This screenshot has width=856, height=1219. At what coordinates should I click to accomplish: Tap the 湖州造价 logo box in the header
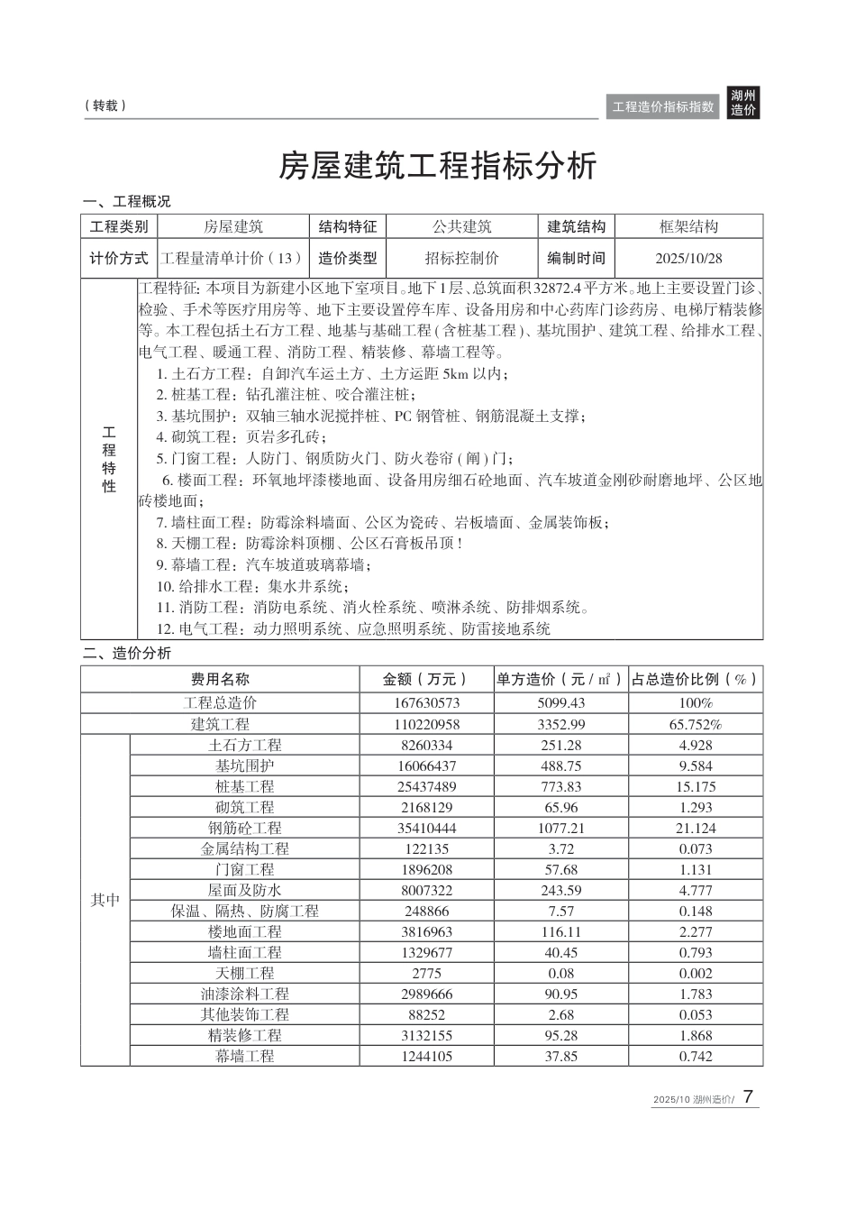(x=743, y=103)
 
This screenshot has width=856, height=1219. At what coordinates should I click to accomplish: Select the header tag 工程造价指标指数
(x=663, y=106)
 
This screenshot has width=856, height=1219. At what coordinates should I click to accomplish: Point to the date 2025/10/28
(x=688, y=259)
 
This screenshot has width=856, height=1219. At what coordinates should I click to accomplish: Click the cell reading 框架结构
(x=688, y=227)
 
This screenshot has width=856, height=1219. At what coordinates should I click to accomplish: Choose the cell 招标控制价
(x=461, y=259)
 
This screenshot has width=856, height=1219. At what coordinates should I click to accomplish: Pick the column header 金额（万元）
(x=426, y=680)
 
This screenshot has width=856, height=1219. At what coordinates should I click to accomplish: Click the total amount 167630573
(x=426, y=703)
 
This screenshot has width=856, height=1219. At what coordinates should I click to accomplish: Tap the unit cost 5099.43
(x=560, y=703)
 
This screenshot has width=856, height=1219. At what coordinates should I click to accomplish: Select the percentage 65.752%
(x=695, y=724)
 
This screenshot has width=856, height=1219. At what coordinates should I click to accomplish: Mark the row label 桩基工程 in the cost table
(x=244, y=786)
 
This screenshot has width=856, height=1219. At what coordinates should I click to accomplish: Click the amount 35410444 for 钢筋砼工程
(x=426, y=828)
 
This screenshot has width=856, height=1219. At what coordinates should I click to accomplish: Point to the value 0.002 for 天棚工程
(x=695, y=973)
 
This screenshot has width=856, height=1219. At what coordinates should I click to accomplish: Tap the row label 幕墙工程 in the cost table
(x=244, y=1056)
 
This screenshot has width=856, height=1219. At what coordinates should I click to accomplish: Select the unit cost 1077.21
(x=560, y=828)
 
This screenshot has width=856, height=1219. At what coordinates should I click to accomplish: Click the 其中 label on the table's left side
(x=105, y=900)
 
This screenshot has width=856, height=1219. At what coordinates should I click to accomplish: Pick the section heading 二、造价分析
(x=127, y=654)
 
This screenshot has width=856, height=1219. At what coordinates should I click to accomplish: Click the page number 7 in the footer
(x=749, y=1097)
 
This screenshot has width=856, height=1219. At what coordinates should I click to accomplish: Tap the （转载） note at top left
(x=105, y=105)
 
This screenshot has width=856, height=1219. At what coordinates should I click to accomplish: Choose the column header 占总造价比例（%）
(x=695, y=680)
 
